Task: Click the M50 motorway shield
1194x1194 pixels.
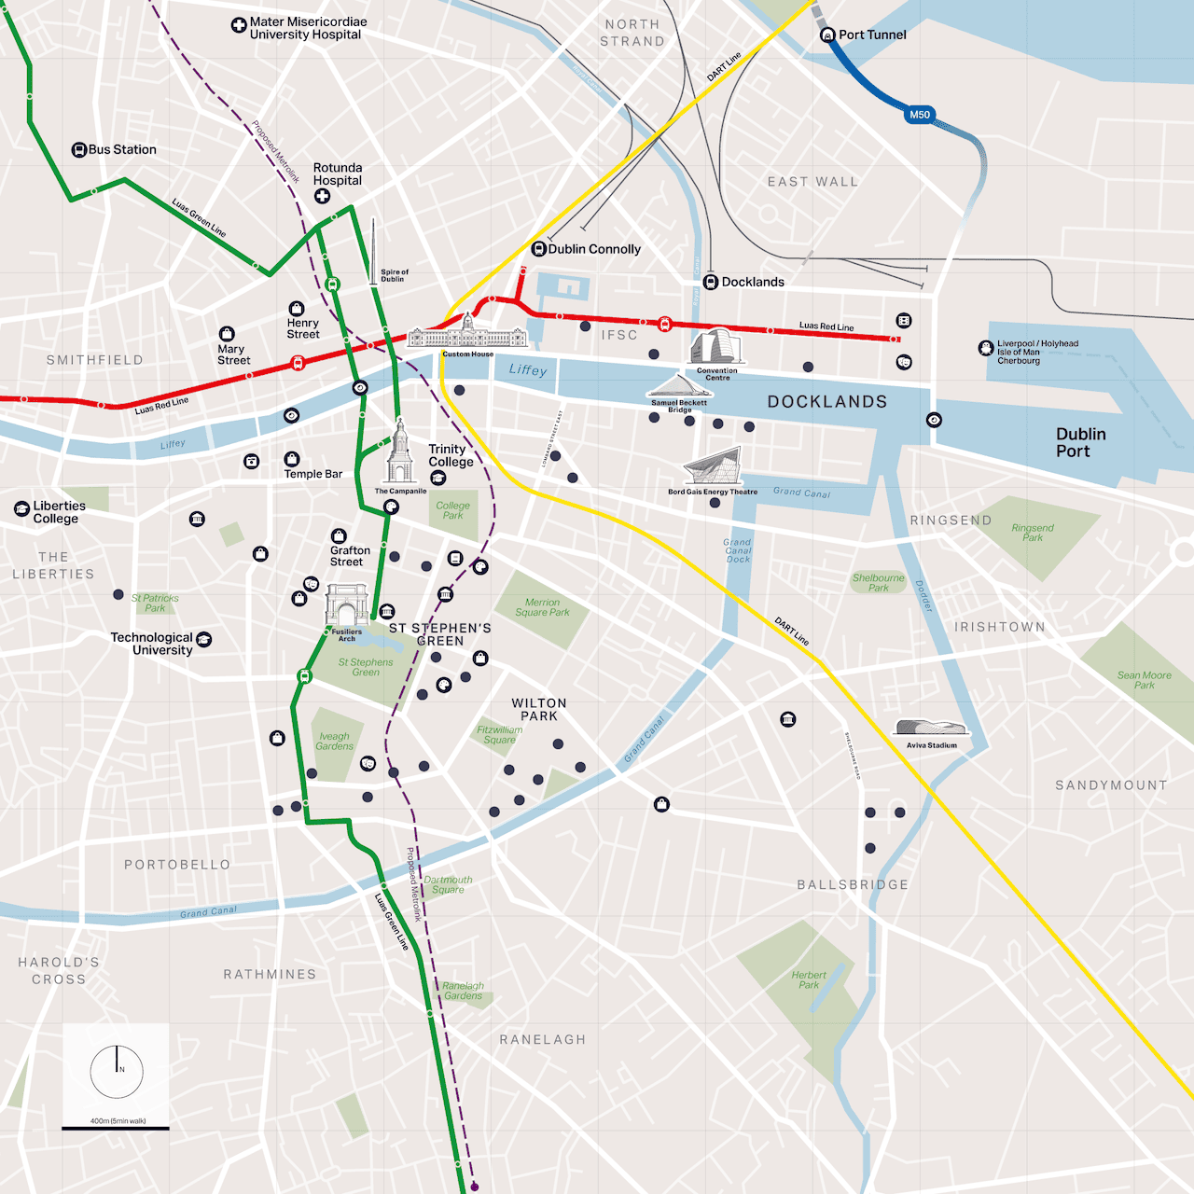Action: pyautogui.click(x=920, y=115)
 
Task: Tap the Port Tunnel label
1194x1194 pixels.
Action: pyautogui.click(x=872, y=35)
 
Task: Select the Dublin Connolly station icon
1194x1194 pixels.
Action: pyautogui.click(x=538, y=249)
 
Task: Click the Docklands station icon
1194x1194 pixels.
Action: pyautogui.click(x=711, y=282)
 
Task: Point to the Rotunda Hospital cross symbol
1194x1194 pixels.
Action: pyautogui.click(x=322, y=196)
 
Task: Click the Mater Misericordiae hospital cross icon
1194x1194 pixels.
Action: pyautogui.click(x=239, y=26)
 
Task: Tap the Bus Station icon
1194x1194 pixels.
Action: pyautogui.click(x=79, y=149)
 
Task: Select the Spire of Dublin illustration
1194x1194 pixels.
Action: pyautogui.click(x=373, y=250)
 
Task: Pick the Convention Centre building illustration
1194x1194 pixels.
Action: pyautogui.click(x=715, y=346)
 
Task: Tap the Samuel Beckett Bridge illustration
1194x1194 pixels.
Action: pyautogui.click(x=679, y=387)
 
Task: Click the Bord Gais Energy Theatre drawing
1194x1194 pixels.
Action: pyautogui.click(x=713, y=466)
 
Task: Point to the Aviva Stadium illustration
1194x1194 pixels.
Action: pyautogui.click(x=931, y=728)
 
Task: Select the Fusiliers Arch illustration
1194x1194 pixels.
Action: pyautogui.click(x=346, y=606)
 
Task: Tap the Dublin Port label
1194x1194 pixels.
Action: pyautogui.click(x=1080, y=442)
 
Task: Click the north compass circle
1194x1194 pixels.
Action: pyautogui.click(x=117, y=1071)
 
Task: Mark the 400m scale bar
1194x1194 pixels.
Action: pyautogui.click(x=116, y=1129)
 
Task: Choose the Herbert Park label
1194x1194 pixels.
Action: pyautogui.click(x=809, y=979)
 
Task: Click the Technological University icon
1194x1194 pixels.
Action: pyautogui.click(x=204, y=639)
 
